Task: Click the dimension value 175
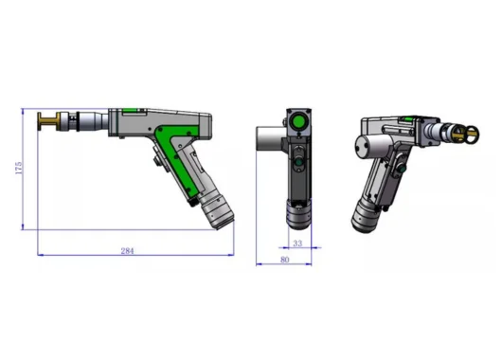pos(19,168)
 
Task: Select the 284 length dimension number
pos(127,251)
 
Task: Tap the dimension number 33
pos(297,243)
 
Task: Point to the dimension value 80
pos(284,260)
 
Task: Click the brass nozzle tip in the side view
pos(49,121)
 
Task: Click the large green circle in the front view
pos(298,121)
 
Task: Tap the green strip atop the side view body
pos(130,111)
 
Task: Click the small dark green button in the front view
pos(298,162)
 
